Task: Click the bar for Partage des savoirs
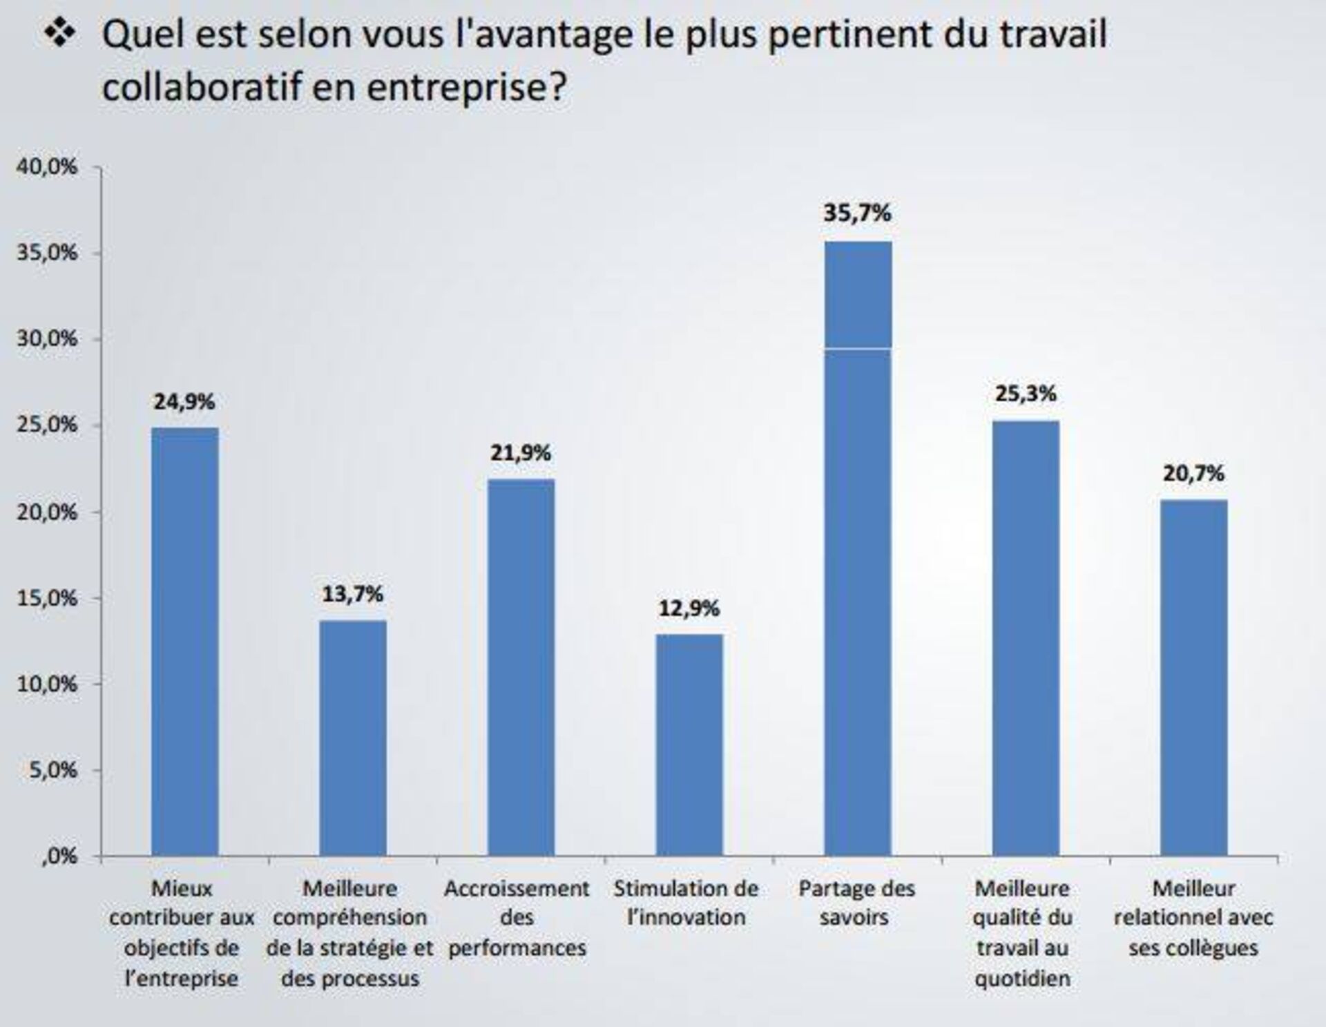(x=858, y=549)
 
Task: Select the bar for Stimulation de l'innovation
(x=689, y=746)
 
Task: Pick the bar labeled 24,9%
(x=185, y=642)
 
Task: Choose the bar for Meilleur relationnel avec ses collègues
(x=1193, y=678)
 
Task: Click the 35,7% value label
(x=857, y=213)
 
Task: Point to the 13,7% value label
(x=352, y=594)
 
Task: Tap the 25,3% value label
(x=1026, y=394)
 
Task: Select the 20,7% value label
(x=1193, y=474)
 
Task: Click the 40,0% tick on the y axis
(x=47, y=167)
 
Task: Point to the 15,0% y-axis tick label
(x=47, y=598)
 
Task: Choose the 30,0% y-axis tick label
(x=47, y=339)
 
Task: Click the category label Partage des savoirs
(x=856, y=903)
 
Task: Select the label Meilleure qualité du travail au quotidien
(x=1022, y=932)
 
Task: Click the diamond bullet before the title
(x=61, y=35)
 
